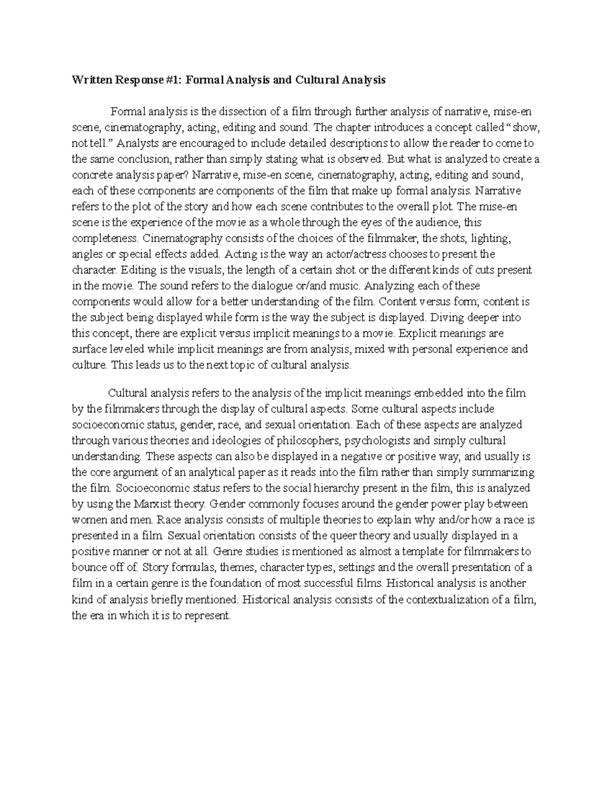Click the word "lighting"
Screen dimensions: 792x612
[490, 238]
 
